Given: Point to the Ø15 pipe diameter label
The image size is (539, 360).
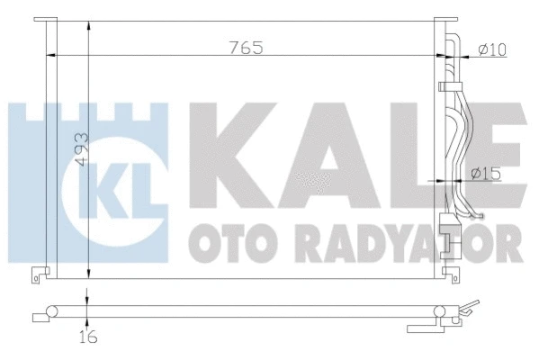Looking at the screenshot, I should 486,173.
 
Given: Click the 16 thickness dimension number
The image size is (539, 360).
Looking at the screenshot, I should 86,337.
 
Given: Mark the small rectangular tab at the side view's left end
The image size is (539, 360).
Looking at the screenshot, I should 37,316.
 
